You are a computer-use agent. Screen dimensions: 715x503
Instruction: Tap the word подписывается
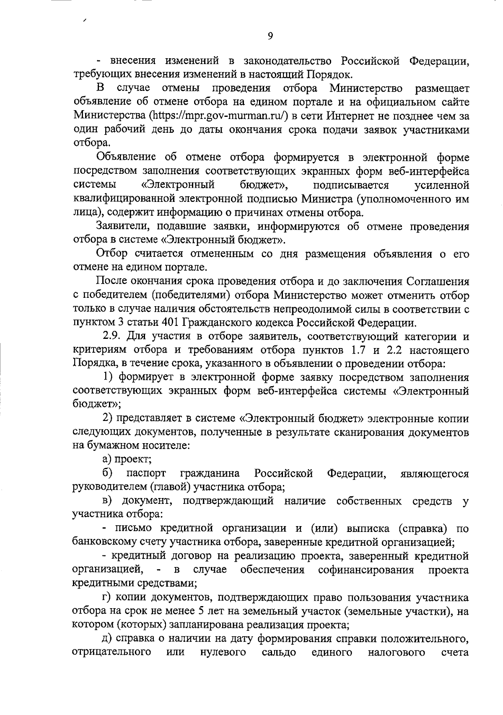[x=351, y=185]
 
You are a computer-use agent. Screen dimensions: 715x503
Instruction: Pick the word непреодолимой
[x=291, y=309]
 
